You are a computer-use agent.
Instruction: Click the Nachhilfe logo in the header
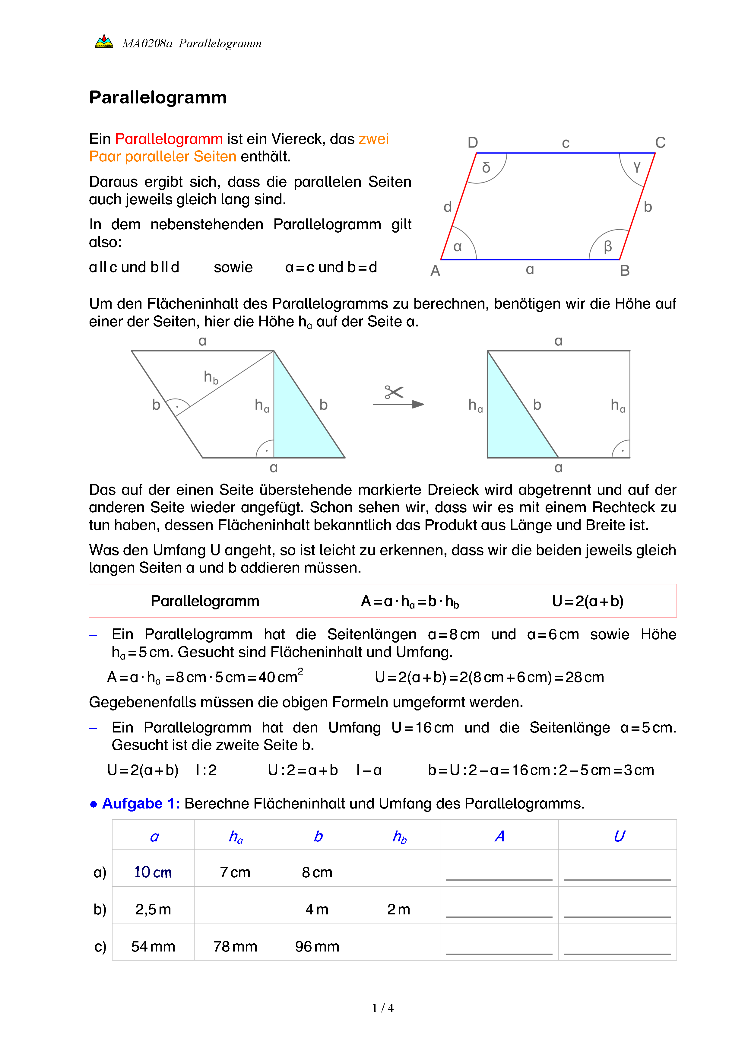tap(104, 41)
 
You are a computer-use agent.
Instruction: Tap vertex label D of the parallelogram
tap(473, 142)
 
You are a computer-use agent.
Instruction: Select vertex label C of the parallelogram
tap(660, 142)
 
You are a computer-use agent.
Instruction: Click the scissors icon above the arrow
tap(394, 392)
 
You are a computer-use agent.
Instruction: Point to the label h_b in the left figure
tap(211, 377)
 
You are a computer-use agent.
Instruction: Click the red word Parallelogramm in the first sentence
tap(169, 139)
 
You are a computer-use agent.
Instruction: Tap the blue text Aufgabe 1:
tap(141, 803)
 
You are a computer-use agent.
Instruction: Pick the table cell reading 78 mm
tap(235, 946)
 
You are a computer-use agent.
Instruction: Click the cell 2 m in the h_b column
tap(398, 909)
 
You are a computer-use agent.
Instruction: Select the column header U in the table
tap(619, 836)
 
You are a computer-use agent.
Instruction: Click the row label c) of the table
tap(100, 946)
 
